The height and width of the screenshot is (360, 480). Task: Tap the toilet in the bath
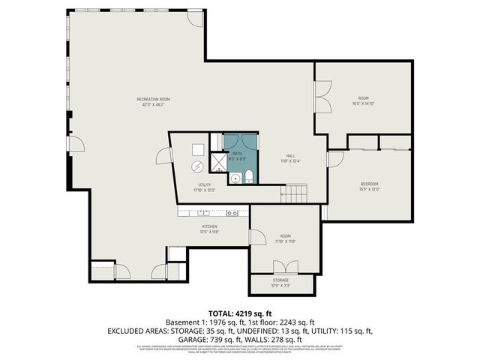[x=248, y=177]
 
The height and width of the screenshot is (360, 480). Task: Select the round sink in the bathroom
[x=235, y=178]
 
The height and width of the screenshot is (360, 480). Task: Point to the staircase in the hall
[x=295, y=195]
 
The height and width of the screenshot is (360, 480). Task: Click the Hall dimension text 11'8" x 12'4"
[x=290, y=160]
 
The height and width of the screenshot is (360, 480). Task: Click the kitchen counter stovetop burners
[x=232, y=213]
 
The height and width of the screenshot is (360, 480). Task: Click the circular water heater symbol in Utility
[x=198, y=166]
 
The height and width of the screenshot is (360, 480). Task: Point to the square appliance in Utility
[x=199, y=148]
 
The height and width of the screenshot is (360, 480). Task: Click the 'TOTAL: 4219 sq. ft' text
[x=239, y=313]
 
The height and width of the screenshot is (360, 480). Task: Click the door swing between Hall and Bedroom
[x=334, y=159]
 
